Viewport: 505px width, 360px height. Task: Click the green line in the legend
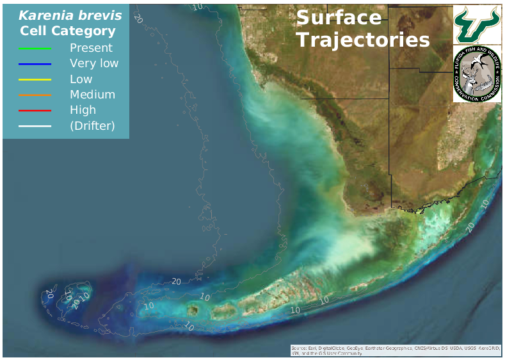point(35,48)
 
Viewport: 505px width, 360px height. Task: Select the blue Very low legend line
point(35,64)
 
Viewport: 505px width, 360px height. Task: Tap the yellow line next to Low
point(35,79)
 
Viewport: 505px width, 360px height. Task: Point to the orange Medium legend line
point(35,95)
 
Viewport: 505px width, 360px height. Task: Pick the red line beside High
point(35,111)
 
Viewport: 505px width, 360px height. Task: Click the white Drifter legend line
point(35,126)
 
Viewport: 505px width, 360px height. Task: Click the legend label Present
point(91,48)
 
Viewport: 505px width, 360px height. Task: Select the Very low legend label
point(94,63)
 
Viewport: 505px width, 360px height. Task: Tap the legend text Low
point(81,79)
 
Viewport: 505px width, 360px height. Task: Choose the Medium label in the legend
point(92,95)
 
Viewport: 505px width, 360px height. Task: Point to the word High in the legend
point(83,110)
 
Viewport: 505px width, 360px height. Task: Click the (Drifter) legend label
point(92,126)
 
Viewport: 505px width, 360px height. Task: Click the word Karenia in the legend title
point(44,15)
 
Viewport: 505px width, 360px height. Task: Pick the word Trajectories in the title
point(363,40)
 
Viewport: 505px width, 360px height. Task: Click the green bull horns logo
point(476,23)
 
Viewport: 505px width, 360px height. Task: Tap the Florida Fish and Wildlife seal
point(476,74)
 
